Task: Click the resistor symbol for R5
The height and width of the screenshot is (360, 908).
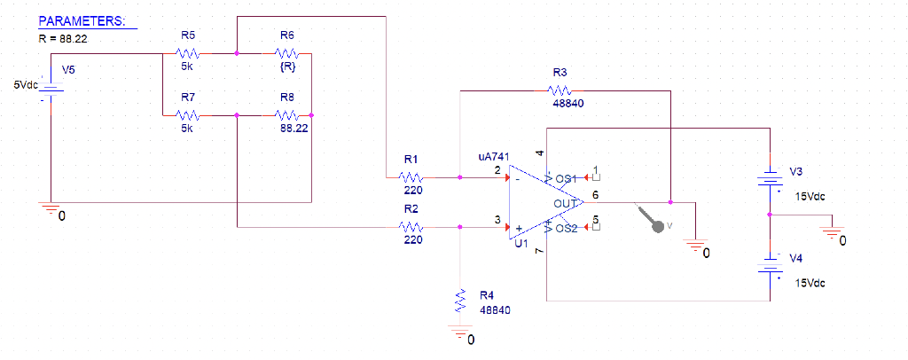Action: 188,53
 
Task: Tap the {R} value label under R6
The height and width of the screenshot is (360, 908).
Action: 286,67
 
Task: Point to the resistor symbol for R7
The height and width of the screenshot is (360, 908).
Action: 188,114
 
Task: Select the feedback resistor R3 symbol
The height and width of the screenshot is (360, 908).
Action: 560,90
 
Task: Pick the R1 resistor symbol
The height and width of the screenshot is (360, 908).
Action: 411,176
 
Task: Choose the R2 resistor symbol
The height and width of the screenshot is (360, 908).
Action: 411,227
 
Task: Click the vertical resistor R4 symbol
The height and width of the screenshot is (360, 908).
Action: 460,300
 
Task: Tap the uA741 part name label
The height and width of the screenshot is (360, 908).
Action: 494,156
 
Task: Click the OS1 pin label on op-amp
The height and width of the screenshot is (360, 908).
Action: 567,177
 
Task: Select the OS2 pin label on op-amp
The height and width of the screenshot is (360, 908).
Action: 567,228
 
